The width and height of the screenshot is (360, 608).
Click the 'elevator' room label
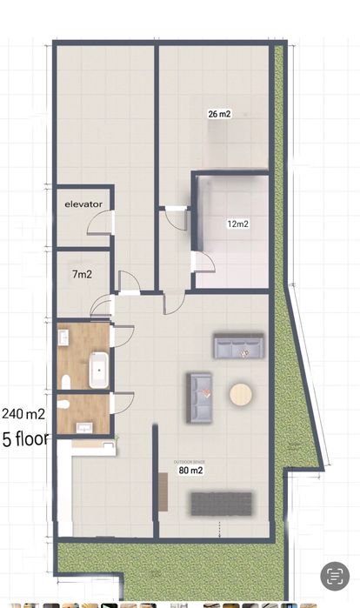pyautogui.click(x=83, y=204)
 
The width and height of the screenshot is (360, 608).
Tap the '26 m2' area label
pyautogui.click(x=219, y=114)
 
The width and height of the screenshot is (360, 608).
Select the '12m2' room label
pyautogui.click(x=237, y=224)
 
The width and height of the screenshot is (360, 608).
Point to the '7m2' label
pyautogui.click(x=82, y=274)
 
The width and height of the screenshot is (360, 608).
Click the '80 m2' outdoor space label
pyautogui.click(x=190, y=471)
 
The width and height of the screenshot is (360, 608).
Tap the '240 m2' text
pyautogui.click(x=24, y=413)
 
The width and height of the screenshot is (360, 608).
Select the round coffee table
pyautogui.click(x=241, y=396)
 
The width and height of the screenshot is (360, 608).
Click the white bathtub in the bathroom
pyautogui.click(x=98, y=371)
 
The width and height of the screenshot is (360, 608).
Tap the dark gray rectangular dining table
pyautogui.click(x=221, y=503)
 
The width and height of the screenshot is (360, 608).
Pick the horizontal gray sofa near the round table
pyautogui.click(x=238, y=347)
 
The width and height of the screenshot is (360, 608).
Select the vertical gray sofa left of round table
pyautogui.click(x=200, y=398)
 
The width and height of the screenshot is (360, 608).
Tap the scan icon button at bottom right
pyautogui.click(x=334, y=577)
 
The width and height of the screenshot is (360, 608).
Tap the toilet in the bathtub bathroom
pyautogui.click(x=65, y=380)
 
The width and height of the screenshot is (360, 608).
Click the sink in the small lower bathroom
pyautogui.click(x=84, y=426)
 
